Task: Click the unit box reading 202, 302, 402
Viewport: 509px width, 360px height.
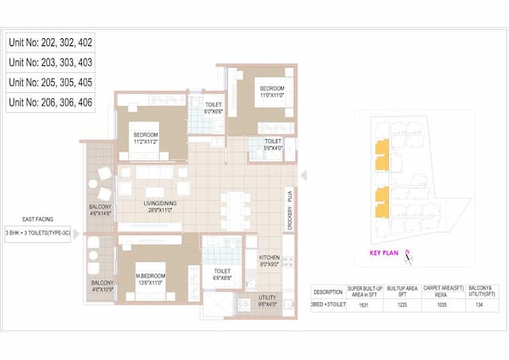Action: (x=50, y=42)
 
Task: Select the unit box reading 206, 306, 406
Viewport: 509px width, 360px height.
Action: (x=50, y=102)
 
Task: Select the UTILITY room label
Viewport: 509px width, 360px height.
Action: (x=268, y=300)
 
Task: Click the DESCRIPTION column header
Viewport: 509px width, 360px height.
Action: (x=328, y=291)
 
